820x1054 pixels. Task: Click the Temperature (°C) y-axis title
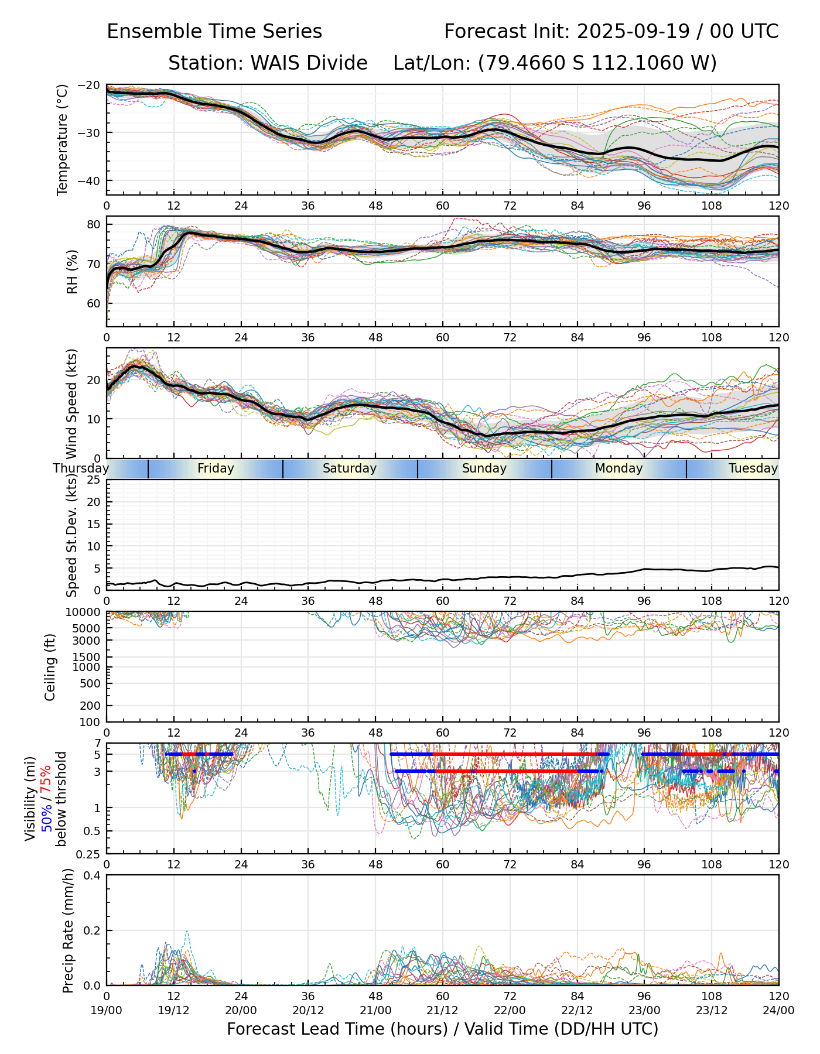[63, 139]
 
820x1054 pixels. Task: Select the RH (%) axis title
[73, 272]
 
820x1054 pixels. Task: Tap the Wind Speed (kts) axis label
[72, 403]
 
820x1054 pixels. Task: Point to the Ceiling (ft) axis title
[50, 667]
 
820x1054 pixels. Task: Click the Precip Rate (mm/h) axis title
[69, 930]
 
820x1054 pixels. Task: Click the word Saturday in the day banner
[350, 468]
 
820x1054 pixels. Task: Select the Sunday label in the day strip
[484, 468]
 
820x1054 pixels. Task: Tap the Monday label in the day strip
[619, 468]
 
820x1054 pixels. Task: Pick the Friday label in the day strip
[216, 468]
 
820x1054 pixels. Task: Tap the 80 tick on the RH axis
[94, 224]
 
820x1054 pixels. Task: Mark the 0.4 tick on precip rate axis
[91, 875]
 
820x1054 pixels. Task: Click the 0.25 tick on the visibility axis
[89, 854]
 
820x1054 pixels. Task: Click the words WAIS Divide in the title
[268, 63]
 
